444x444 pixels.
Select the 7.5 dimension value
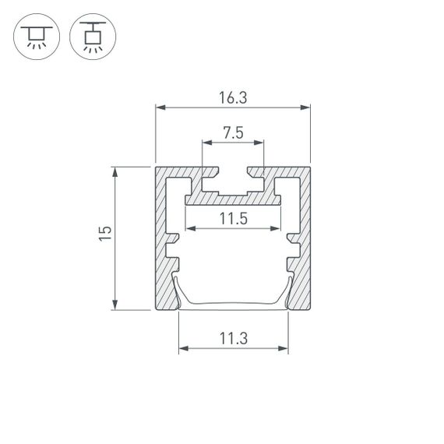(233, 133)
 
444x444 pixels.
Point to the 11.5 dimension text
(233, 219)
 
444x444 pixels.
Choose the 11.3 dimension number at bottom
(233, 338)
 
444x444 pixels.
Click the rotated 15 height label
(106, 237)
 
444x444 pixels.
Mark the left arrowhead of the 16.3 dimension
(160, 108)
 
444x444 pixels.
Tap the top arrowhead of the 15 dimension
(116, 171)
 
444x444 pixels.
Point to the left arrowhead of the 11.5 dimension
(189, 229)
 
